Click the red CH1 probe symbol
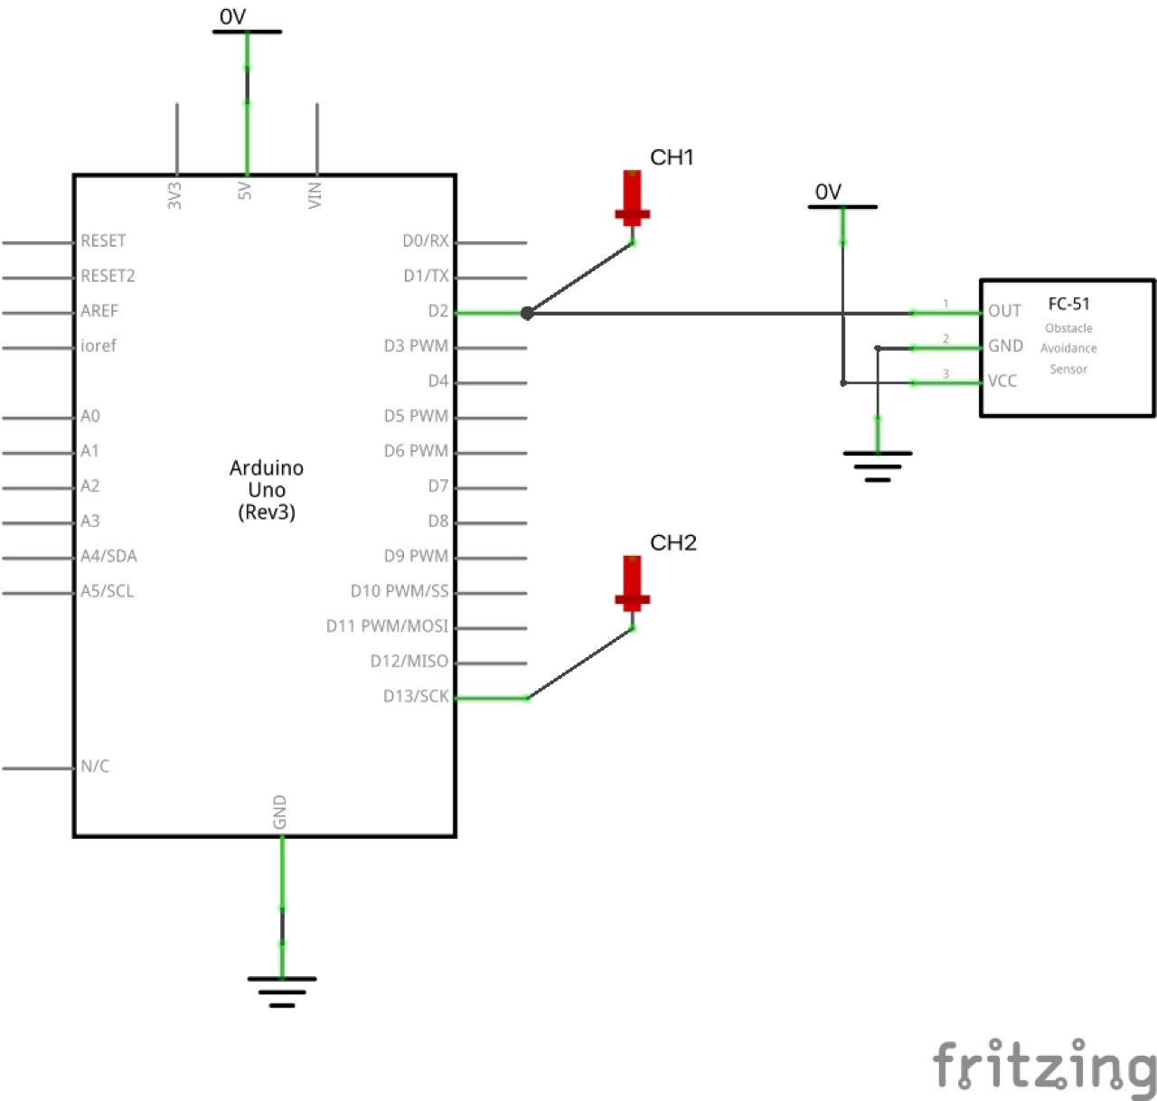tap(632, 199)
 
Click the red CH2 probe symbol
tap(632, 584)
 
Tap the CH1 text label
tap(672, 157)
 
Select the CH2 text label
tap(673, 542)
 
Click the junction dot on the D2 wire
tap(527, 313)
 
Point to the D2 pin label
tap(437, 311)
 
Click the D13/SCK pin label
tap(415, 696)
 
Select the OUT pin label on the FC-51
tap(1004, 311)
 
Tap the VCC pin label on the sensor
tap(1002, 381)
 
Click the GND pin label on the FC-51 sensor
tap(1005, 346)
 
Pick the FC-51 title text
tap(1068, 304)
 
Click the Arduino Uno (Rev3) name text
tap(267, 490)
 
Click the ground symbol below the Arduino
tap(282, 991)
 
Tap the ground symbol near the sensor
tap(877, 466)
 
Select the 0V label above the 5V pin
tap(233, 16)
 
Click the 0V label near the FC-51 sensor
tap(828, 192)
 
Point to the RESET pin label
tap(103, 240)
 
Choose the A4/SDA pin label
tap(108, 556)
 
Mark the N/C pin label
tap(95, 767)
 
